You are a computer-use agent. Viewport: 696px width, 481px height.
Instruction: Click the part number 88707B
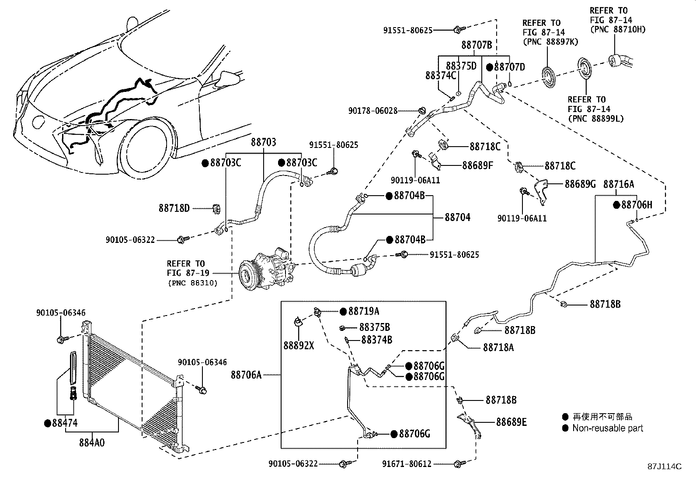[x=477, y=45]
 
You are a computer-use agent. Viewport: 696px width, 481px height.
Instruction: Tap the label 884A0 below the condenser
[x=92, y=442]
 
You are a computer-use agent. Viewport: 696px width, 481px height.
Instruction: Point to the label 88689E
[x=511, y=422]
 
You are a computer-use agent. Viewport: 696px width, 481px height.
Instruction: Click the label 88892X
[x=299, y=346]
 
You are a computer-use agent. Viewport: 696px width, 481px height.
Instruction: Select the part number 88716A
[x=619, y=184]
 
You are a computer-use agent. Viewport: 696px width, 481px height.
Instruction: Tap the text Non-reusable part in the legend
[x=608, y=428]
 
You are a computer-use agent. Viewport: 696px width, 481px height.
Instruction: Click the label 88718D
[x=174, y=209]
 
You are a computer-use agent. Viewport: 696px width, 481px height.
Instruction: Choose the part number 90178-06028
[x=373, y=111]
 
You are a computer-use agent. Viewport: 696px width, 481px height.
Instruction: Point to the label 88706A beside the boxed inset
[x=246, y=374]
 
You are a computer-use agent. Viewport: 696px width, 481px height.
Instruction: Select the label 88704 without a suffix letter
[x=458, y=217]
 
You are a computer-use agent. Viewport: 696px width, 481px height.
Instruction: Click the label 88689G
[x=580, y=184]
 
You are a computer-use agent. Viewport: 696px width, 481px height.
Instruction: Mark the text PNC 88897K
[x=550, y=42]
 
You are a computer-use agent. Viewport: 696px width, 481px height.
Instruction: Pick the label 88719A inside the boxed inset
[x=364, y=311]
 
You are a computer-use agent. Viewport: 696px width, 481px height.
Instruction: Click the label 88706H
[x=637, y=204]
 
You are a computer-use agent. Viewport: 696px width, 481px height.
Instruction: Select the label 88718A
[x=498, y=348]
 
